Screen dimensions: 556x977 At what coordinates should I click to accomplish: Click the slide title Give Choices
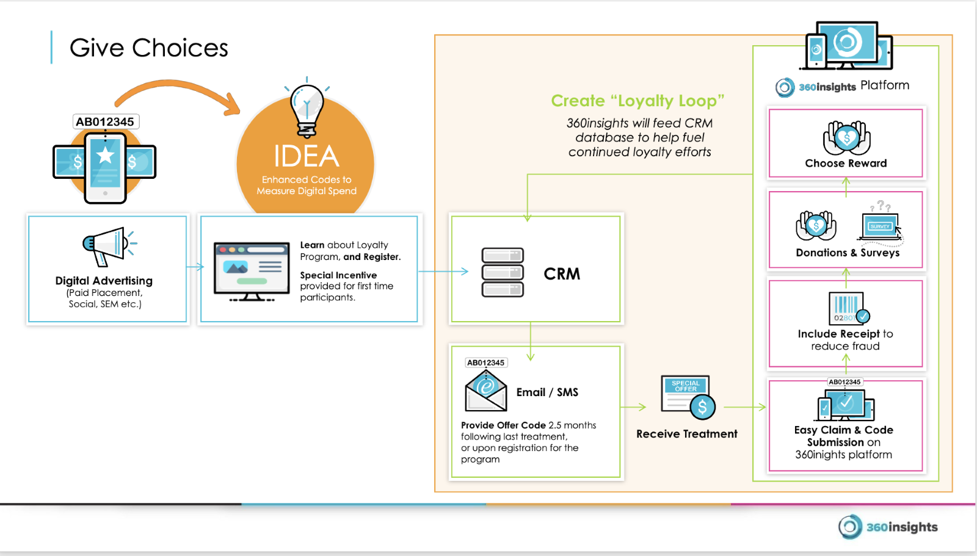(148, 48)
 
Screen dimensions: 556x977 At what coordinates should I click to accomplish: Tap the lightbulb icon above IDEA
(307, 107)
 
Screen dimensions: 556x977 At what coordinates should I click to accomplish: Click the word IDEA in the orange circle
(306, 156)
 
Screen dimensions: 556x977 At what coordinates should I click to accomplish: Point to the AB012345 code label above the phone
(105, 121)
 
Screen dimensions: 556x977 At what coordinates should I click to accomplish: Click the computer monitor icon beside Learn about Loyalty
(252, 271)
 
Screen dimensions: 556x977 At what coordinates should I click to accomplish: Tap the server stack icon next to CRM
(503, 272)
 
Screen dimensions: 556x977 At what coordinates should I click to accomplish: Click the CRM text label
(562, 274)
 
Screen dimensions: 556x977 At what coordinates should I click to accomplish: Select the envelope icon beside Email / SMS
(486, 391)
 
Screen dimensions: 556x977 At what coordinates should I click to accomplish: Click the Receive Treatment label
(686, 434)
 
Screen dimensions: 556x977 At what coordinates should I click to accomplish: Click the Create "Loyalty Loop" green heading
(637, 101)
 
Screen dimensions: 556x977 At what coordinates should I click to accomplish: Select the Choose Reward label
(846, 163)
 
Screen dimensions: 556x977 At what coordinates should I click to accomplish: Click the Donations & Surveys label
(848, 253)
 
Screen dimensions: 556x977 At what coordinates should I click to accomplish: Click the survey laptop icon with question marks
(881, 226)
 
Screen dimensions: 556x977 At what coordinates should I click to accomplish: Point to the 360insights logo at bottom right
(888, 527)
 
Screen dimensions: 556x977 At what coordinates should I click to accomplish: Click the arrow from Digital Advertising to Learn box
(195, 267)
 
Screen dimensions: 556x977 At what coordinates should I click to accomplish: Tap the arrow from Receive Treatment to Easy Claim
(745, 407)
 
